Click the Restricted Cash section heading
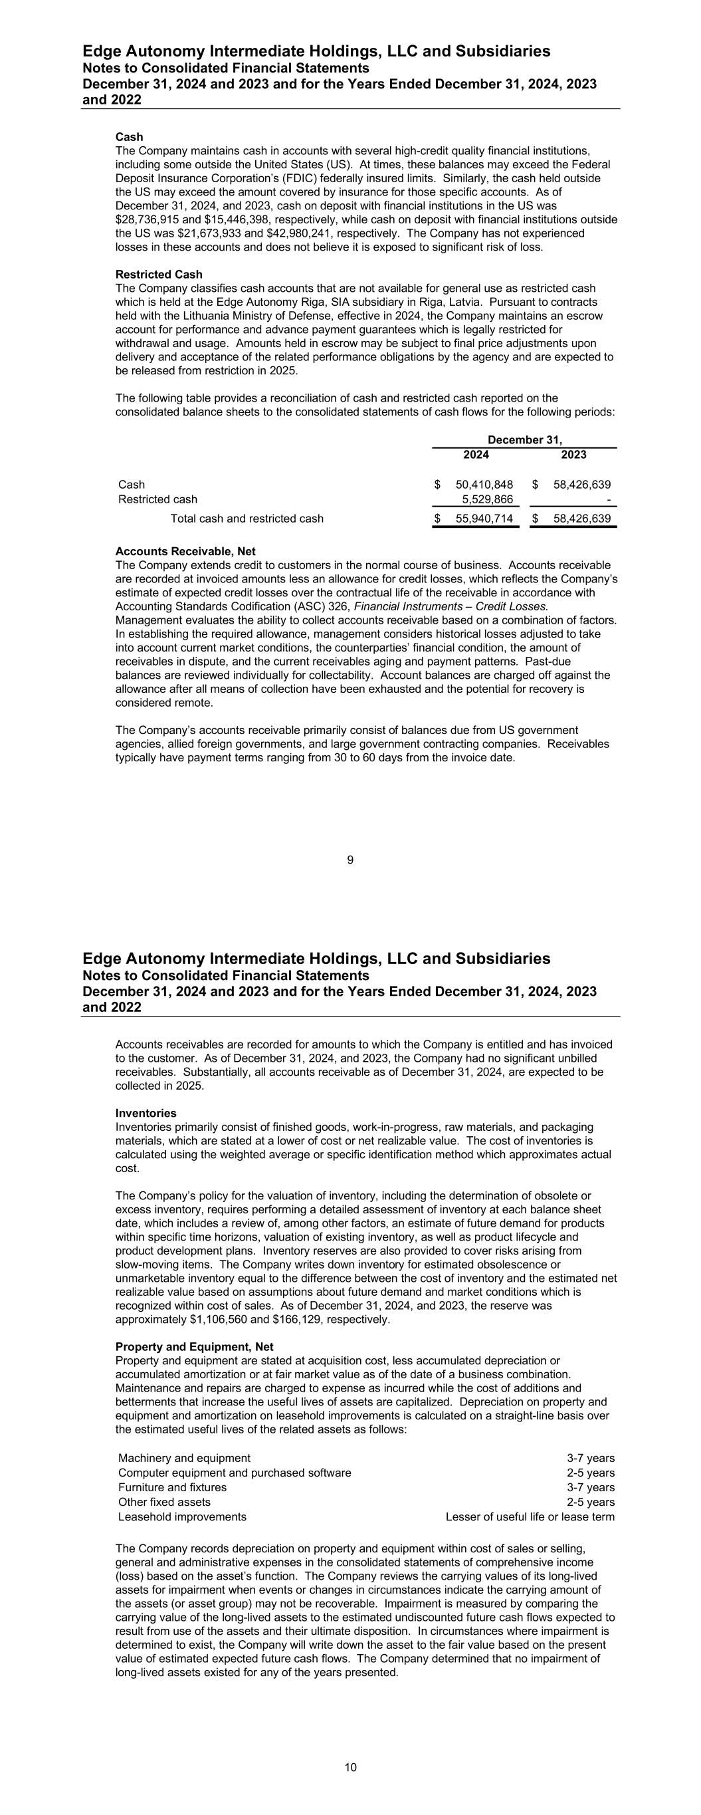click(x=159, y=274)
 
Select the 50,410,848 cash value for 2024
click(x=484, y=484)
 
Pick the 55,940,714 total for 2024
click(x=484, y=519)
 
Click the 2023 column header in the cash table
click(x=573, y=455)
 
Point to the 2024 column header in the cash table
click(x=476, y=455)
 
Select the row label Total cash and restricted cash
click(x=247, y=519)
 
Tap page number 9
click(x=350, y=860)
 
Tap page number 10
click(x=351, y=1767)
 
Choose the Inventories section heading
click(x=146, y=1113)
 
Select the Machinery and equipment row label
click(x=184, y=1458)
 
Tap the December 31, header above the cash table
click(x=525, y=439)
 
